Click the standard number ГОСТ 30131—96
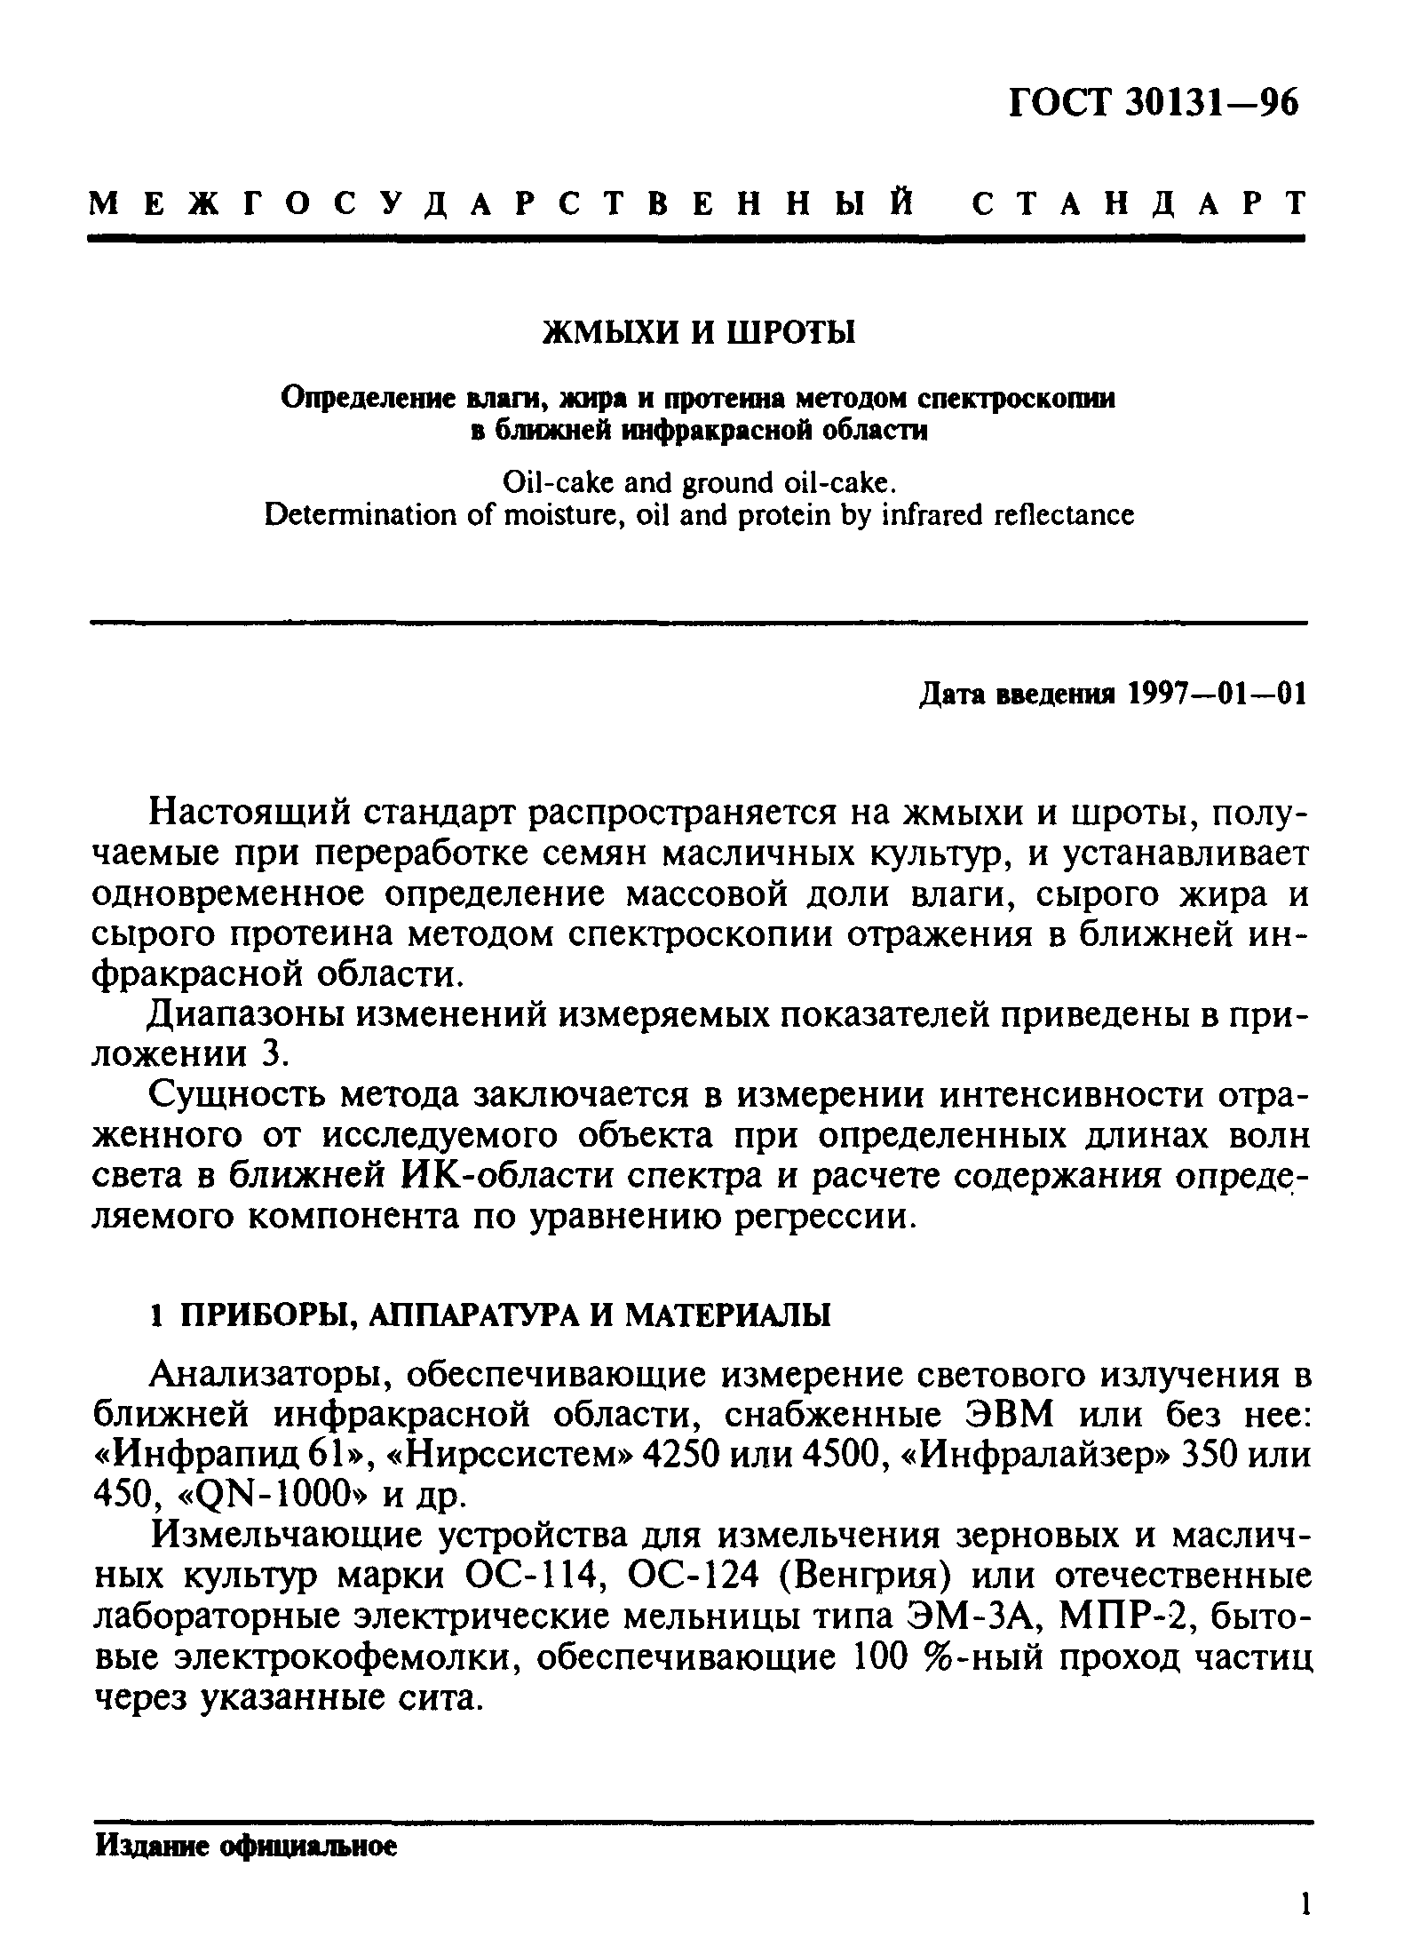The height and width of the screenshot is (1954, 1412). [x=1154, y=104]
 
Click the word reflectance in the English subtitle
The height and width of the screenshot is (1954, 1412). [x=1064, y=515]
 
